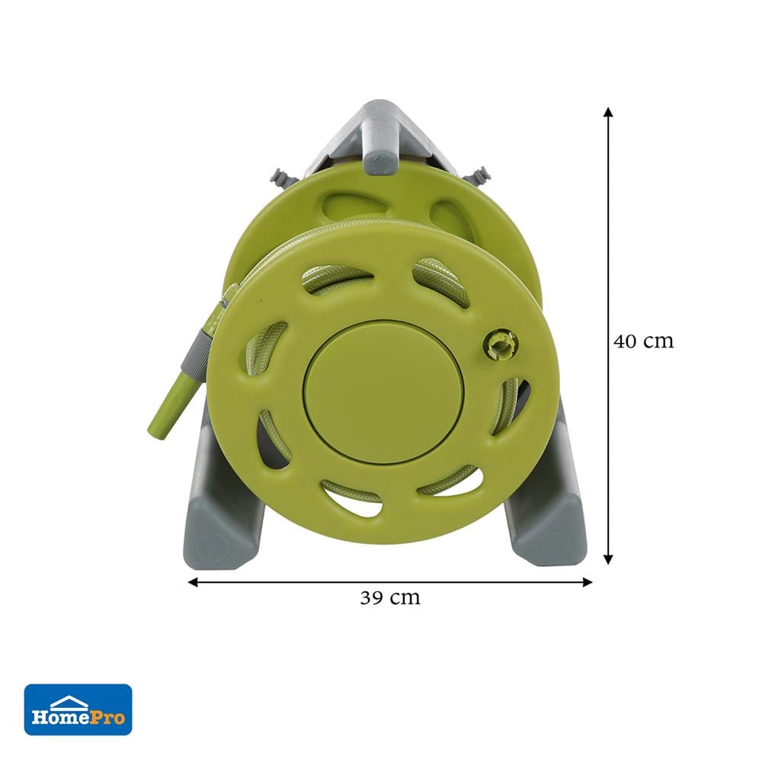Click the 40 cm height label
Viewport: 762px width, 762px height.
pos(643,341)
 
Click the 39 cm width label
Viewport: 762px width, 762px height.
pos(389,597)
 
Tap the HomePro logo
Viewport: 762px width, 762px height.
pos(78,709)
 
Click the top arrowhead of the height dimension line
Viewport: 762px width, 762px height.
pos(608,112)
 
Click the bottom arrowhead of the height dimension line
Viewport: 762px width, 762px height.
pos(608,559)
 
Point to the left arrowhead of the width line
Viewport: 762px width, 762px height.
pos(193,581)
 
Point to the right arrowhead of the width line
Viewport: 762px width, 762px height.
pos(587,581)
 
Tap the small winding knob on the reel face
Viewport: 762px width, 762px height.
pos(501,344)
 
